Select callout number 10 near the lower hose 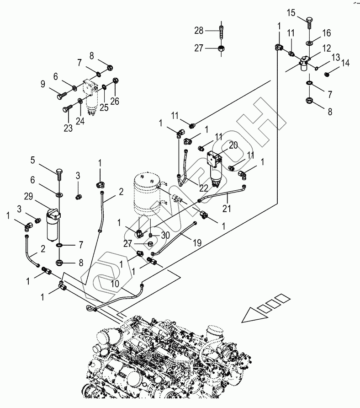115,284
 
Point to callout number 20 233,145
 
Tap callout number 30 165,235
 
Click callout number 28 199,30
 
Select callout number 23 68,129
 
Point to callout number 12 326,48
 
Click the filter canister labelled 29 55,225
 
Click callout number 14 345,64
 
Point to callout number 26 115,102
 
